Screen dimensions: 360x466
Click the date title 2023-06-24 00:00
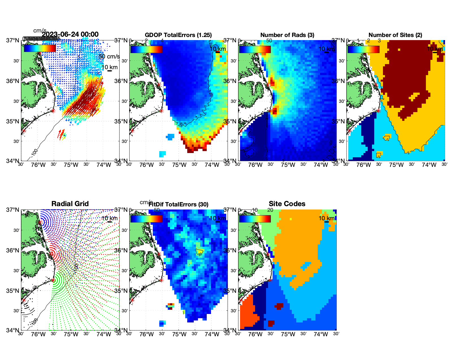click(x=70, y=34)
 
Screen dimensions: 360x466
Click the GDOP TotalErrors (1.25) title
click(x=178, y=35)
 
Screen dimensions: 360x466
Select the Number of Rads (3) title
click(x=287, y=35)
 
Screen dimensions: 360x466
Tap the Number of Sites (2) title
click(x=395, y=35)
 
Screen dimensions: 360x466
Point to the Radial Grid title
click(x=70, y=204)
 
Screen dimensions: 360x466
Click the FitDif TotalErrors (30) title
click(x=178, y=204)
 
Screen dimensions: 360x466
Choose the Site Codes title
click(x=287, y=204)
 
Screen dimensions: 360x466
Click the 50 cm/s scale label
click(x=109, y=56)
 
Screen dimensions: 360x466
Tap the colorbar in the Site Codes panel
click(x=255, y=219)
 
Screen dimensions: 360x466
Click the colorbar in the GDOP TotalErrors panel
click(x=146, y=49)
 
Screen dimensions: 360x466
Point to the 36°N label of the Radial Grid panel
click(x=13, y=250)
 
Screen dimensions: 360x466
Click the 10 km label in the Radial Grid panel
click(x=109, y=218)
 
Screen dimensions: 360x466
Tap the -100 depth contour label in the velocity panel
click(x=34, y=152)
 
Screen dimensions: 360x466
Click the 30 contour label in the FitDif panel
click(x=200, y=254)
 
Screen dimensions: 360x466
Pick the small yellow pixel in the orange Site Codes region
click(x=291, y=219)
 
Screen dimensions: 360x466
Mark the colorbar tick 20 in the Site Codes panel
click(x=270, y=210)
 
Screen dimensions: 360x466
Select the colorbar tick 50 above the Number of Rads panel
click(x=269, y=41)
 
